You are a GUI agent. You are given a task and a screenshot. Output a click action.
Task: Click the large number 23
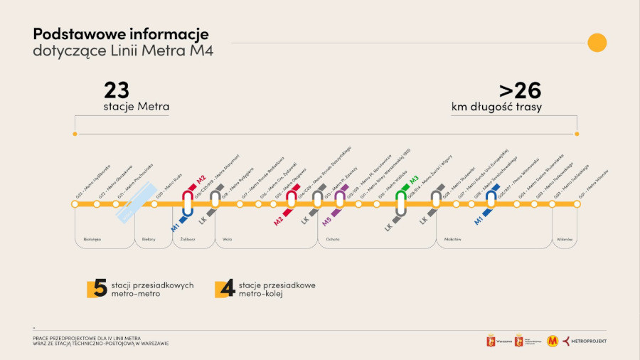point(117,90)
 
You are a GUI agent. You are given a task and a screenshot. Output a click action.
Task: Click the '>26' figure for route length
point(520,90)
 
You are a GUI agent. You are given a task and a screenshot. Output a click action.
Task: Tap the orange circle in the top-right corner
point(597,43)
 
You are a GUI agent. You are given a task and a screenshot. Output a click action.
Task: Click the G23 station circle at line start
point(75,204)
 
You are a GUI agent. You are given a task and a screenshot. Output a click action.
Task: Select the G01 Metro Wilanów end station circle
point(577,204)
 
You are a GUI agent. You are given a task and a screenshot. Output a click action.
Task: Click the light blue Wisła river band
point(136,203)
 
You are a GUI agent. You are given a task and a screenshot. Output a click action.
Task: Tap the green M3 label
point(414,180)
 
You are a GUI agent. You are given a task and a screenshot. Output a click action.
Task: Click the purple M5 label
point(326,221)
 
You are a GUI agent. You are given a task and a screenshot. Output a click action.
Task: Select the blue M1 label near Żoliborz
point(175,227)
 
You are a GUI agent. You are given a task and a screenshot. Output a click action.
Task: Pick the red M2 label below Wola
point(279,221)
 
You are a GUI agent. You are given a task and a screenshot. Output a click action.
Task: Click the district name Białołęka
point(92,239)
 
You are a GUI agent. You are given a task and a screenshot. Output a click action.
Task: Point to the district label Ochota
point(333,239)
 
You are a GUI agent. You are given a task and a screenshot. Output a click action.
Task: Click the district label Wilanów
point(565,239)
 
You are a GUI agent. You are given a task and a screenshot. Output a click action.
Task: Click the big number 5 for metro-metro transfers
point(99,288)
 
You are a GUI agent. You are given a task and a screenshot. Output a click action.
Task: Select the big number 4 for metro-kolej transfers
point(228,288)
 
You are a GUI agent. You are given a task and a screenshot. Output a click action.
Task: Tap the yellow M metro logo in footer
point(553,341)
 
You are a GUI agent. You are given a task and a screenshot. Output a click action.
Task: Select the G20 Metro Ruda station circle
point(154,204)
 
